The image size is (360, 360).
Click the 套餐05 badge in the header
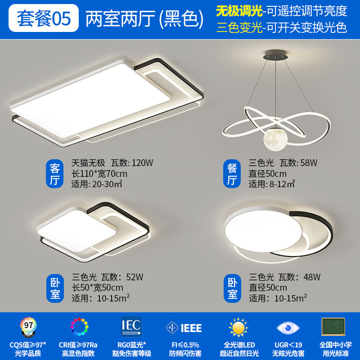click(43, 18)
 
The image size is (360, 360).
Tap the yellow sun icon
click(238, 327)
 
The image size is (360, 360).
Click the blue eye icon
click(286, 327)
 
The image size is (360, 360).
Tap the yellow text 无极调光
click(239, 10)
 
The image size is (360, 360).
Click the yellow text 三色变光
click(239, 28)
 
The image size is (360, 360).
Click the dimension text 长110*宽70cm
click(99, 174)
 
